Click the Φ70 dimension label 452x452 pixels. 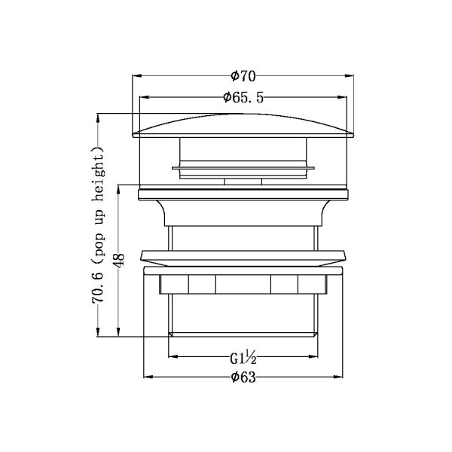coord(243,76)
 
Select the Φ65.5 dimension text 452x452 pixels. coord(243,97)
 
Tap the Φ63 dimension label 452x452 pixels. coord(243,377)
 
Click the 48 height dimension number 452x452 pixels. coord(120,260)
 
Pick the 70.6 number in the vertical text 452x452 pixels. coord(98,289)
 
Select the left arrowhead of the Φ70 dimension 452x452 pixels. coord(137,76)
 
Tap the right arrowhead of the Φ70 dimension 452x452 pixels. coord(349,76)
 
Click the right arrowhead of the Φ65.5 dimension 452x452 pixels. coord(342,97)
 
